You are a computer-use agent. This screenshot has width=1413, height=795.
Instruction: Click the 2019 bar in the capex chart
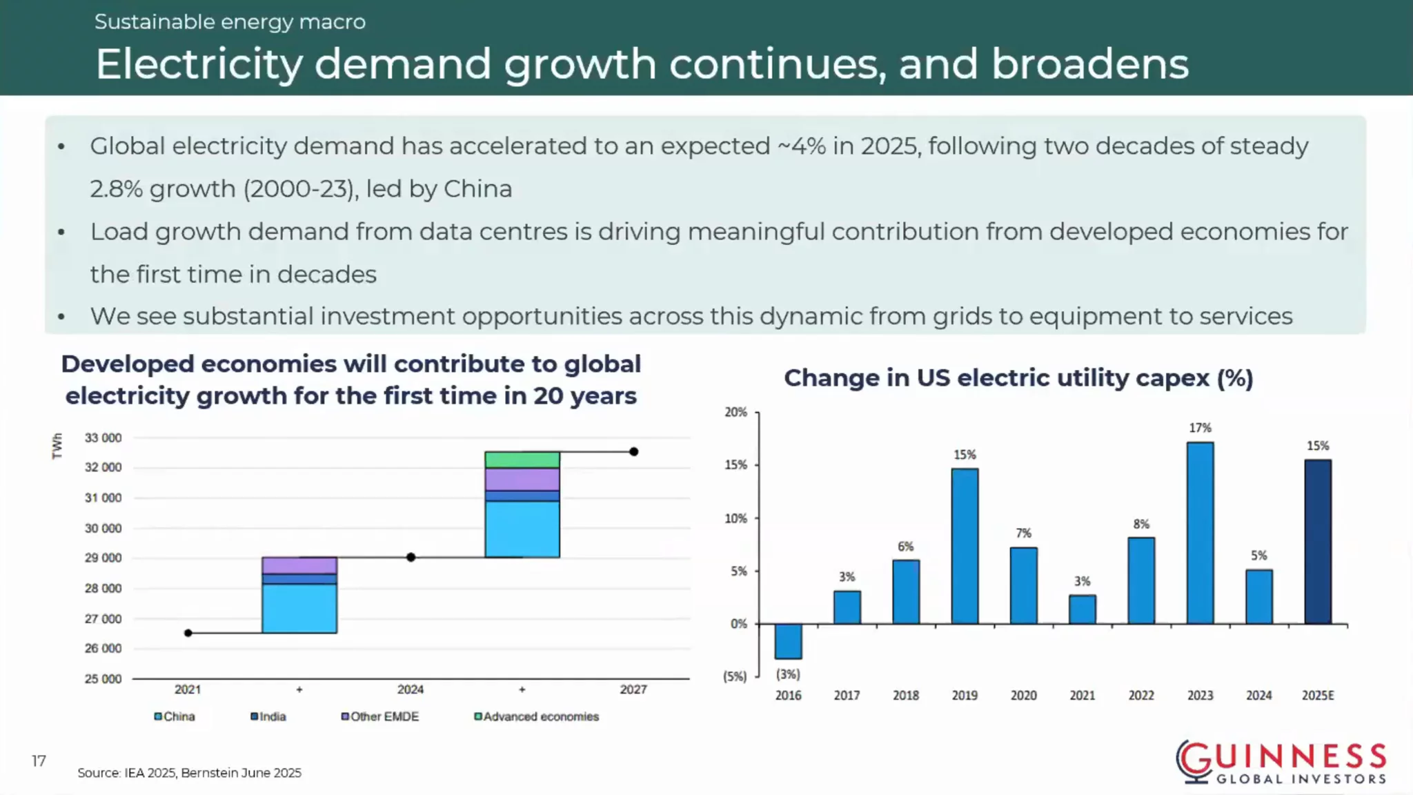tap(965, 547)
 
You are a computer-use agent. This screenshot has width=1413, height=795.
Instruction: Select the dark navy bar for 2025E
tap(1318, 542)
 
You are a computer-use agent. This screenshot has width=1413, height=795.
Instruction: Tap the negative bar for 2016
tap(788, 641)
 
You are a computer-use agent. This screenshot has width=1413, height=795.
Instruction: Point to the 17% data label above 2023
tap(1200, 428)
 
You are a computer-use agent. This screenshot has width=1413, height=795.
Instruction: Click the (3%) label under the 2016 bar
tap(788, 674)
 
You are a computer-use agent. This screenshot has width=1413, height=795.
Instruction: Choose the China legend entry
tap(175, 716)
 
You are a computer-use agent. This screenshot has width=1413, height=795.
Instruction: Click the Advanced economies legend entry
tap(537, 716)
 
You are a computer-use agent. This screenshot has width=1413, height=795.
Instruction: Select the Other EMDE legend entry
tap(380, 716)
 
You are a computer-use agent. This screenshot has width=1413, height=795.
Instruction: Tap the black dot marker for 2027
tap(633, 452)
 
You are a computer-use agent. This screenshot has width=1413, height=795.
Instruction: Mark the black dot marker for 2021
tap(188, 633)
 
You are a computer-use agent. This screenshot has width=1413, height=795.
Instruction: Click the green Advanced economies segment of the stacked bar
tap(522, 460)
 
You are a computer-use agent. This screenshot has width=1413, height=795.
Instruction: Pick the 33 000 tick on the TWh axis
tap(103, 438)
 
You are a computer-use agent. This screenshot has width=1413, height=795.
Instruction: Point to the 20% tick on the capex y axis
tap(735, 412)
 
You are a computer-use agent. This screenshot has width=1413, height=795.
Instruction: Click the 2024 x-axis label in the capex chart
tap(1258, 696)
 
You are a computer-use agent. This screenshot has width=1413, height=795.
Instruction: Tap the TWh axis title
tap(57, 446)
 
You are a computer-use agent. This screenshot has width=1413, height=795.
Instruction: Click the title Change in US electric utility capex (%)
tap(1018, 378)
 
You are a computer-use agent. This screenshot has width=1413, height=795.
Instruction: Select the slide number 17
tap(39, 760)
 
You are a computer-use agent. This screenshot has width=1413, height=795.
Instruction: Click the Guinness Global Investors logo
tap(1281, 763)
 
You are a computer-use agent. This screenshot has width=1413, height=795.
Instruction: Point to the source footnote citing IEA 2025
tap(189, 773)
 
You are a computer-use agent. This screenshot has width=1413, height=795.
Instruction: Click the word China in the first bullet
tap(477, 188)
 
